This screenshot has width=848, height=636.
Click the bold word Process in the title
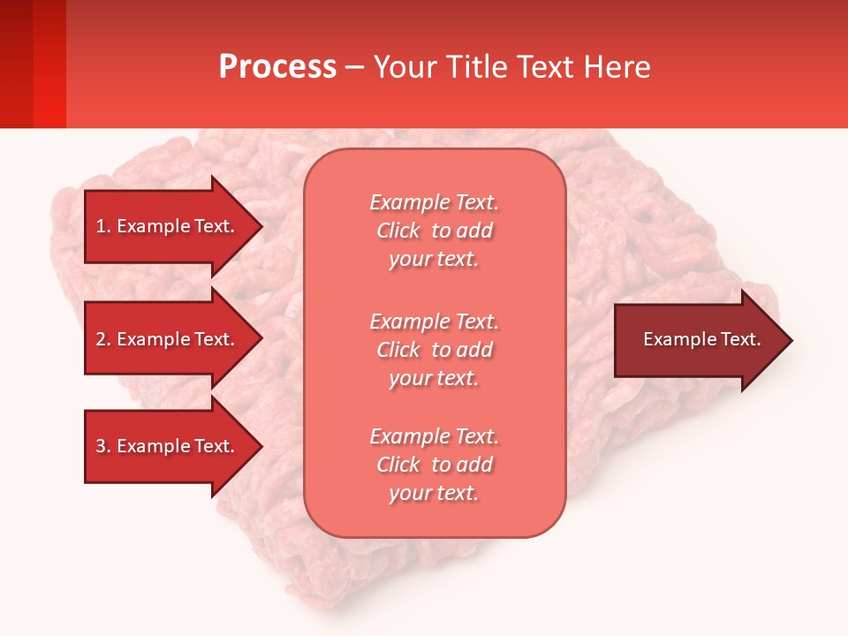click(277, 67)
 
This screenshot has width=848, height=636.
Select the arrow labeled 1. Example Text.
click(168, 226)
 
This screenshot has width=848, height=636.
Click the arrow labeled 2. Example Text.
click(168, 339)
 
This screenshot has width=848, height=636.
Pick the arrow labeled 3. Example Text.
click(168, 446)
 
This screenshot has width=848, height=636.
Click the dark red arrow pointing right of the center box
click(698, 340)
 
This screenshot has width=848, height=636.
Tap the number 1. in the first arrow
click(103, 226)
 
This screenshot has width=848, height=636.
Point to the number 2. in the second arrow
click(103, 339)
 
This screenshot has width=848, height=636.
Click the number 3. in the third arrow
click(103, 446)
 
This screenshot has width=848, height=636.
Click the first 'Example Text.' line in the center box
click(434, 202)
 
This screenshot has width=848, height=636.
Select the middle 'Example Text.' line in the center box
click(434, 322)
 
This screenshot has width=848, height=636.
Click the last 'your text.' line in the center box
click(434, 493)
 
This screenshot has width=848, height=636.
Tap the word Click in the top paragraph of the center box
click(397, 231)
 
